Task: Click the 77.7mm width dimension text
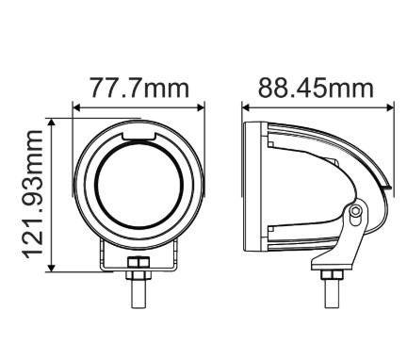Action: (139, 90)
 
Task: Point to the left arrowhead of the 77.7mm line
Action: (75, 106)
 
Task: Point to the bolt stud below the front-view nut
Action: (138, 292)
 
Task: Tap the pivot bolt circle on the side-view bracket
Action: (355, 214)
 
